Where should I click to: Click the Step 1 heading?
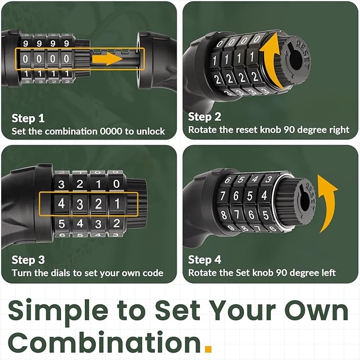point(28,118)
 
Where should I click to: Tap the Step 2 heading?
point(204,117)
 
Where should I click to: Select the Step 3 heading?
point(28,260)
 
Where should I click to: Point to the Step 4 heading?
point(204,260)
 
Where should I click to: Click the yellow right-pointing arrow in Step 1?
point(107,58)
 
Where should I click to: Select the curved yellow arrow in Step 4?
point(328,202)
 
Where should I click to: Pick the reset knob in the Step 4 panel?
point(303,201)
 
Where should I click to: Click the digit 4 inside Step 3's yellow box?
point(62,204)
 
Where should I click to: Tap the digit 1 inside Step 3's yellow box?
point(117,204)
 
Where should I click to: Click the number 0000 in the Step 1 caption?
point(111,131)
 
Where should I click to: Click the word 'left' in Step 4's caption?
point(328,273)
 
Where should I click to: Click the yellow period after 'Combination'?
point(208,348)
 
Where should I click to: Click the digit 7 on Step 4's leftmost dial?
point(223,196)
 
